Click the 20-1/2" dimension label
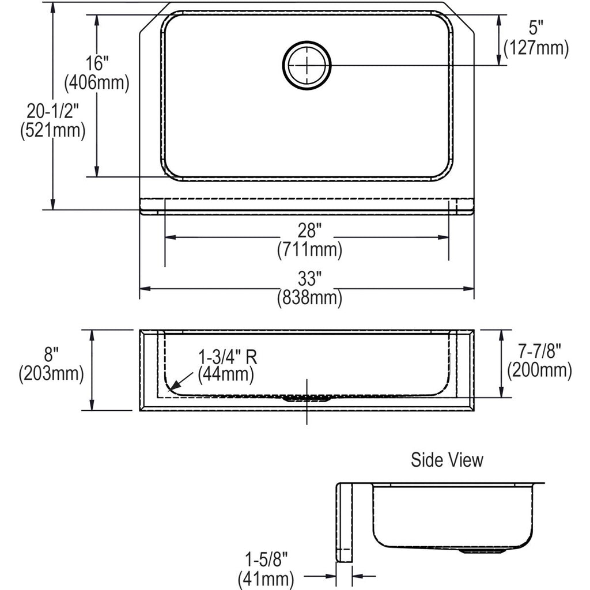tap(52, 111)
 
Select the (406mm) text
tap(97, 82)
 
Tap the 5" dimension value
tap(536, 28)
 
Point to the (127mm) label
tap(536, 48)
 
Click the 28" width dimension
tap(309, 230)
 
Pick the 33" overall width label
tap(309, 278)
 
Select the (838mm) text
tap(309, 298)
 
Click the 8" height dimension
tap(51, 354)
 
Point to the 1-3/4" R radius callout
tap(228, 357)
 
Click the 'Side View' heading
tap(447, 460)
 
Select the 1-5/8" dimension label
tap(266, 559)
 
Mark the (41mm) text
tap(266, 580)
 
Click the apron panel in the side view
tap(344, 523)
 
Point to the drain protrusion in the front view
tap(307, 399)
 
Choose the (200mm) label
tap(539, 370)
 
